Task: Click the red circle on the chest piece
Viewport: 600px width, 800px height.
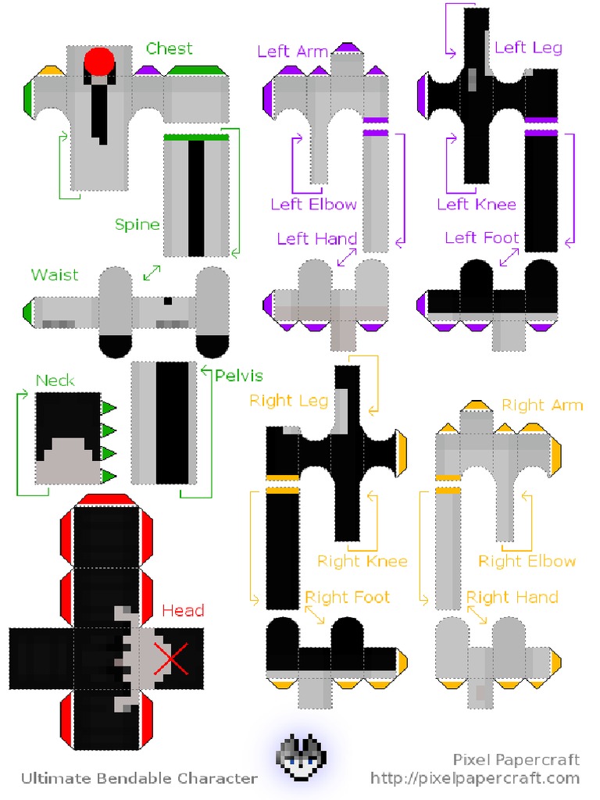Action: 99,61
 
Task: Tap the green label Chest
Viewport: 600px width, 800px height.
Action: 169,49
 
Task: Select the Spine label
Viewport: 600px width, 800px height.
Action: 137,225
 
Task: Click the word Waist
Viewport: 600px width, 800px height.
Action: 55,275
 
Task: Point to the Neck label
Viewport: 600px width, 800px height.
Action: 55,380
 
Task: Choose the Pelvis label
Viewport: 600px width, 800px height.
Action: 239,376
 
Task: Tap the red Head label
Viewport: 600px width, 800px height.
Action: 183,611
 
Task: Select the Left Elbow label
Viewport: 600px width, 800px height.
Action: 313,205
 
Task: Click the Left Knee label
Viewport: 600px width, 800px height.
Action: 477,205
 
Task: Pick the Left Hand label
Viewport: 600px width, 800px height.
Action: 316,238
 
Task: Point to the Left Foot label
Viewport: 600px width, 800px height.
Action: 482,237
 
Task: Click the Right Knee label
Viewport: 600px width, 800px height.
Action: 362,561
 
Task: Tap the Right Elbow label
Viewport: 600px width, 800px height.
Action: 527,561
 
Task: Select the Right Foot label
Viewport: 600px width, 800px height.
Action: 347,598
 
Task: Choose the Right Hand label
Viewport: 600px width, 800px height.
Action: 512,598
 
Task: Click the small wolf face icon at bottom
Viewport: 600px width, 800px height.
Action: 302,759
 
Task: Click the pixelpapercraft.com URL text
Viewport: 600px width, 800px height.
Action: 475,778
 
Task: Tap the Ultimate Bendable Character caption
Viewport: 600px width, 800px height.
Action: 139,778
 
